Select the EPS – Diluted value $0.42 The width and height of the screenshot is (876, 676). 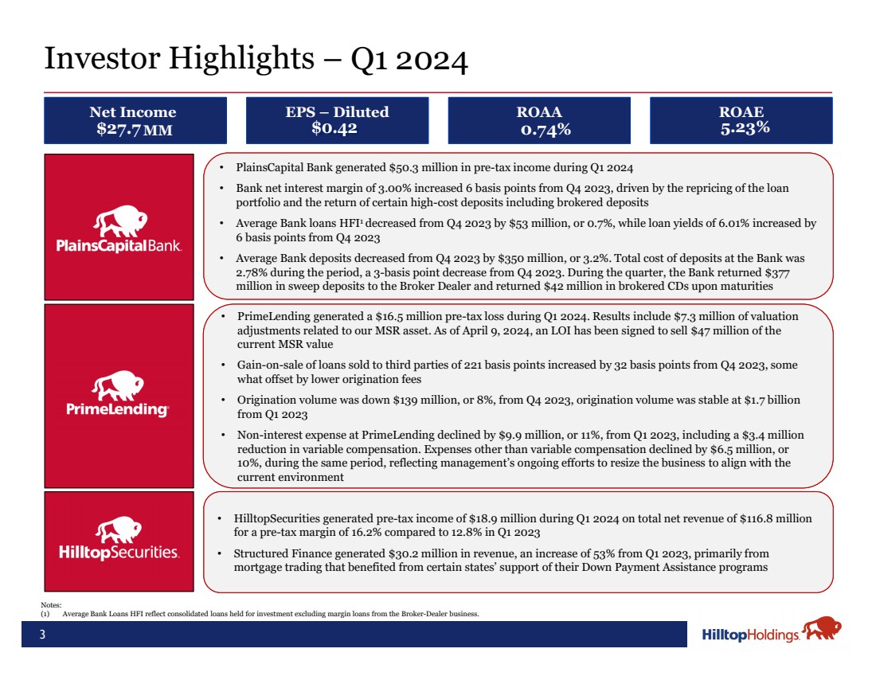[x=334, y=128]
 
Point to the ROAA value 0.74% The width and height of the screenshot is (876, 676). [x=546, y=129]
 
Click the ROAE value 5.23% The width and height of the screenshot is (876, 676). [x=745, y=128]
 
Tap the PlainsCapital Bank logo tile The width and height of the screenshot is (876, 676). [x=119, y=226]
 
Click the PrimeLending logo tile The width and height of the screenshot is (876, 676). [x=119, y=395]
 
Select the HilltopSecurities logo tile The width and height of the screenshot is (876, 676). [x=119, y=541]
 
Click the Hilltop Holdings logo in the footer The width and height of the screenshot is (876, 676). [x=771, y=633]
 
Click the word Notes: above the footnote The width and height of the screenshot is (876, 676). [x=50, y=606]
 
